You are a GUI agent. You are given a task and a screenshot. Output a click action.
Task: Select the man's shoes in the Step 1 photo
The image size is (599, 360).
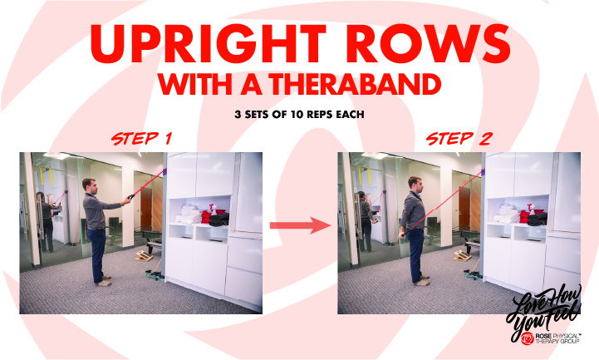pyautogui.click(x=103, y=282)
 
